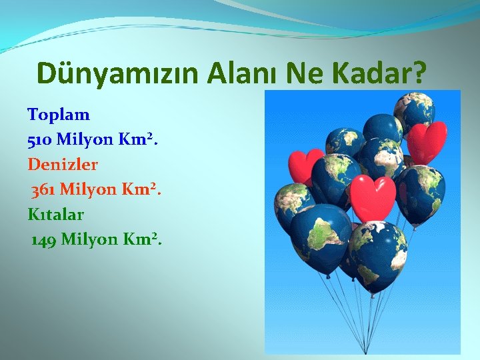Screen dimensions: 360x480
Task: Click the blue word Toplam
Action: coord(59,114)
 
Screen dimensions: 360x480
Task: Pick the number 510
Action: coord(40,139)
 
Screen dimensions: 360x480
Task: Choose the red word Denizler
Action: coord(63,164)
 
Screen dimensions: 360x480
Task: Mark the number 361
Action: coord(43,189)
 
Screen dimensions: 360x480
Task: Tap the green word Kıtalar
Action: coord(55,215)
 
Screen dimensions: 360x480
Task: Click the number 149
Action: coord(44,239)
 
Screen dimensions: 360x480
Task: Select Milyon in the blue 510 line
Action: coord(85,139)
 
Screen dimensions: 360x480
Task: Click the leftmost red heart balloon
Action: coord(305,165)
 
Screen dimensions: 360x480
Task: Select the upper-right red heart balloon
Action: coord(426,141)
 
